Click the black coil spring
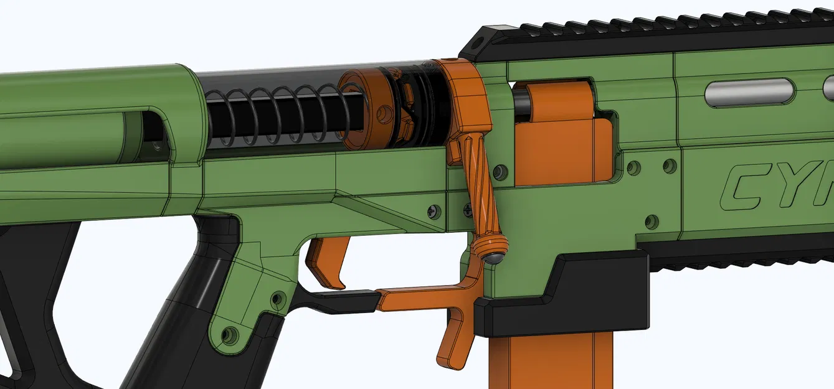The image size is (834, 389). coord(274,118)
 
